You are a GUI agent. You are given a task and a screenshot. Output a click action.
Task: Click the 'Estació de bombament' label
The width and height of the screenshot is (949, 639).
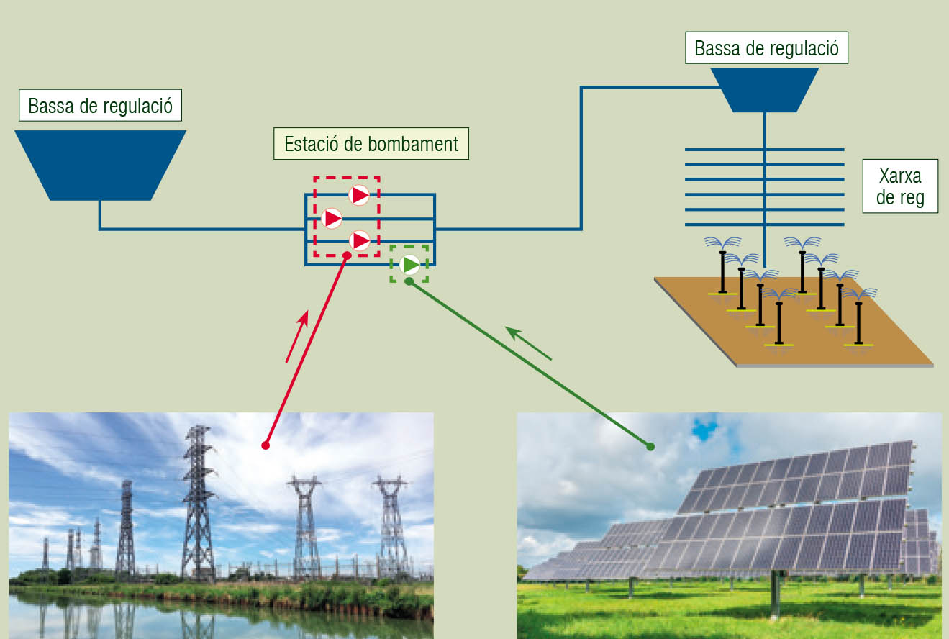click(x=371, y=144)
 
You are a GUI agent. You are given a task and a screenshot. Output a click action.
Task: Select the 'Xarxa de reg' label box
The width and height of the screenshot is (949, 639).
click(x=900, y=186)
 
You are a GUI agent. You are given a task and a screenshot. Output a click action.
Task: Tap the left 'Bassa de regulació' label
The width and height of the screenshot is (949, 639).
click(x=101, y=105)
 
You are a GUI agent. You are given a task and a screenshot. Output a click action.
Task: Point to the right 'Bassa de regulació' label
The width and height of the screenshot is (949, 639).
click(x=766, y=48)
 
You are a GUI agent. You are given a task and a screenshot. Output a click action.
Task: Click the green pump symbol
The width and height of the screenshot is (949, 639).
click(x=409, y=265)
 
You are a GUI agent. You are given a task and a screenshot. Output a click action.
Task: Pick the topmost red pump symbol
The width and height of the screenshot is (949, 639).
click(x=359, y=195)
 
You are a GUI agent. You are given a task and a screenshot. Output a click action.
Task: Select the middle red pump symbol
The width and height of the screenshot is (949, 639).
click(x=331, y=219)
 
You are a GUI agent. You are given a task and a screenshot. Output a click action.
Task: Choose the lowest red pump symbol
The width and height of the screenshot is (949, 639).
click(x=359, y=240)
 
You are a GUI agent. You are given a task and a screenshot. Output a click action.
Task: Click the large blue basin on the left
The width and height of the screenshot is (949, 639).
click(x=101, y=166)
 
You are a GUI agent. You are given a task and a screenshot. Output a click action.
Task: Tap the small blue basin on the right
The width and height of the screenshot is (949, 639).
click(x=764, y=90)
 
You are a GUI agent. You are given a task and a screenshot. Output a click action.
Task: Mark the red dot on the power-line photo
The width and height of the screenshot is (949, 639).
click(x=265, y=445)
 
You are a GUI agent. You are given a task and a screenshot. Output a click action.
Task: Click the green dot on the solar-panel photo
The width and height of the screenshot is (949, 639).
click(x=650, y=446)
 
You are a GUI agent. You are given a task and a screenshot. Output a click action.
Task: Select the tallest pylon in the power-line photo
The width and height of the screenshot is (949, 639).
click(x=198, y=502)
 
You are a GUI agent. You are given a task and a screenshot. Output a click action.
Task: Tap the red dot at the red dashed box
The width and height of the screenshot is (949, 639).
click(x=347, y=255)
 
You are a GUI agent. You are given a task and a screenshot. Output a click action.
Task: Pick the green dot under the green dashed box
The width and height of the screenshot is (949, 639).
click(x=409, y=281)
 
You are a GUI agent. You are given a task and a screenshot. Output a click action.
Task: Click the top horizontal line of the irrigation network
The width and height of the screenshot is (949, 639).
click(x=764, y=150)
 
